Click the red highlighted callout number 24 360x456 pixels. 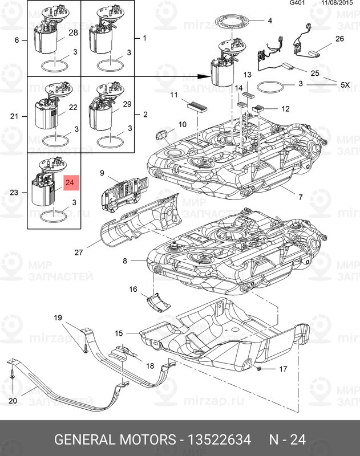tap(70, 183)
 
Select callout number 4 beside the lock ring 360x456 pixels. tap(270, 21)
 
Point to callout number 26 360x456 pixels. tap(339, 39)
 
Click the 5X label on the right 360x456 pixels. tap(345, 84)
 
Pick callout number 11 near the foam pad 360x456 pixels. tap(173, 95)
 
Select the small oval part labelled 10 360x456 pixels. tap(162, 135)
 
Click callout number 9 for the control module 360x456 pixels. tap(102, 172)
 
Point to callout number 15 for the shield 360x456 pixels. tap(119, 333)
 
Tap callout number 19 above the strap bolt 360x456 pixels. tap(58, 317)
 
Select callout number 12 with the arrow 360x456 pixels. tap(286, 108)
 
